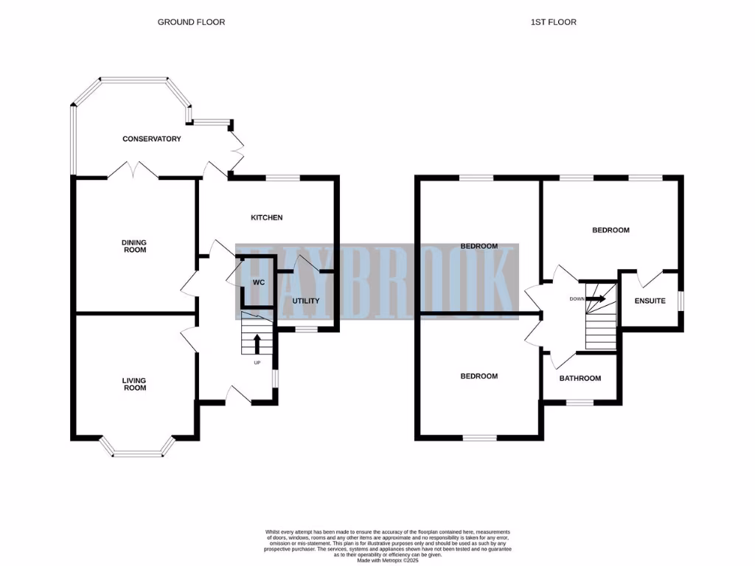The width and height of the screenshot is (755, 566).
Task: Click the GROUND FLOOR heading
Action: pos(191,22)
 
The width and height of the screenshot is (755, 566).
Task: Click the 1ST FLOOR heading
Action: pos(553,22)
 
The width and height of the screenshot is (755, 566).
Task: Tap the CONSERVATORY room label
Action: pos(152,139)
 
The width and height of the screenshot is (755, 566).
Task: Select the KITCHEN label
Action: pos(267,217)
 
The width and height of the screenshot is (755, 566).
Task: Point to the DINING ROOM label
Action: pos(134,245)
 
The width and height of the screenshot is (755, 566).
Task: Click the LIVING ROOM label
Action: pos(134,384)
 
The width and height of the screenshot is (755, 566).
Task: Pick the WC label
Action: pos(258,282)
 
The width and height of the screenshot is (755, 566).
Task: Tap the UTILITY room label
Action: pos(306,301)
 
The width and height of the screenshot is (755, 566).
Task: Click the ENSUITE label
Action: pos(650,301)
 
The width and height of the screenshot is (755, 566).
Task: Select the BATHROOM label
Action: pos(580,378)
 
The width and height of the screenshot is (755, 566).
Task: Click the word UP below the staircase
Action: pos(257,363)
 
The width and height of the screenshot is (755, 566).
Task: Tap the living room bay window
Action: pos(137,451)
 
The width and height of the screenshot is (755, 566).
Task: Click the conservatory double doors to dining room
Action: pos(133,172)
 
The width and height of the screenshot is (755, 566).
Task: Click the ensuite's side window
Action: pos(681,301)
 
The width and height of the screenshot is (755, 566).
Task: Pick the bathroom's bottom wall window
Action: pos(580,402)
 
